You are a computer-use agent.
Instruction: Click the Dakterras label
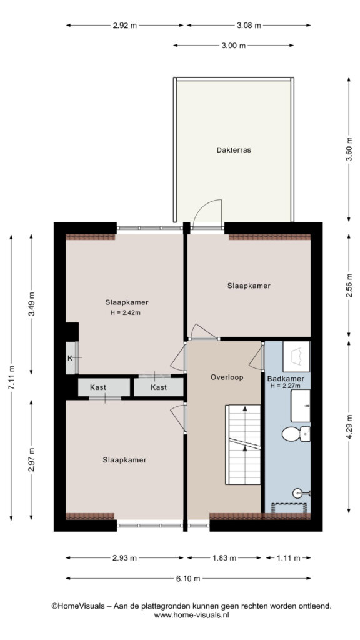coord(234,150)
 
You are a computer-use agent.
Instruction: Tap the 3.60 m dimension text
coord(349,149)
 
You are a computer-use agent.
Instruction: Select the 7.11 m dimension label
coord(11,377)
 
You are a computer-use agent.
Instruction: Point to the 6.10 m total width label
coord(187,578)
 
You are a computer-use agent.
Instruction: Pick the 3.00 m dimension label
coord(234,46)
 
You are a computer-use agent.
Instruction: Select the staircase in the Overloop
coord(243,444)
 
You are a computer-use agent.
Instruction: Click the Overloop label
coord(227,377)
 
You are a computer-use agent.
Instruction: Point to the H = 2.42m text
coord(126,313)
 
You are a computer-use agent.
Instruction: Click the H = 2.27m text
coord(285,385)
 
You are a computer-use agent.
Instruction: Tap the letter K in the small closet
coord(70,358)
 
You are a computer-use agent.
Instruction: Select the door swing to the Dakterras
coord(207,213)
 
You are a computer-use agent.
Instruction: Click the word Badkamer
coord(285,378)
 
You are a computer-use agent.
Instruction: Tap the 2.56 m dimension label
coord(349,285)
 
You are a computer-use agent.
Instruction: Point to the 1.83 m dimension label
coord(224,558)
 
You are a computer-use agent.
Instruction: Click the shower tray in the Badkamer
coord(290,508)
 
